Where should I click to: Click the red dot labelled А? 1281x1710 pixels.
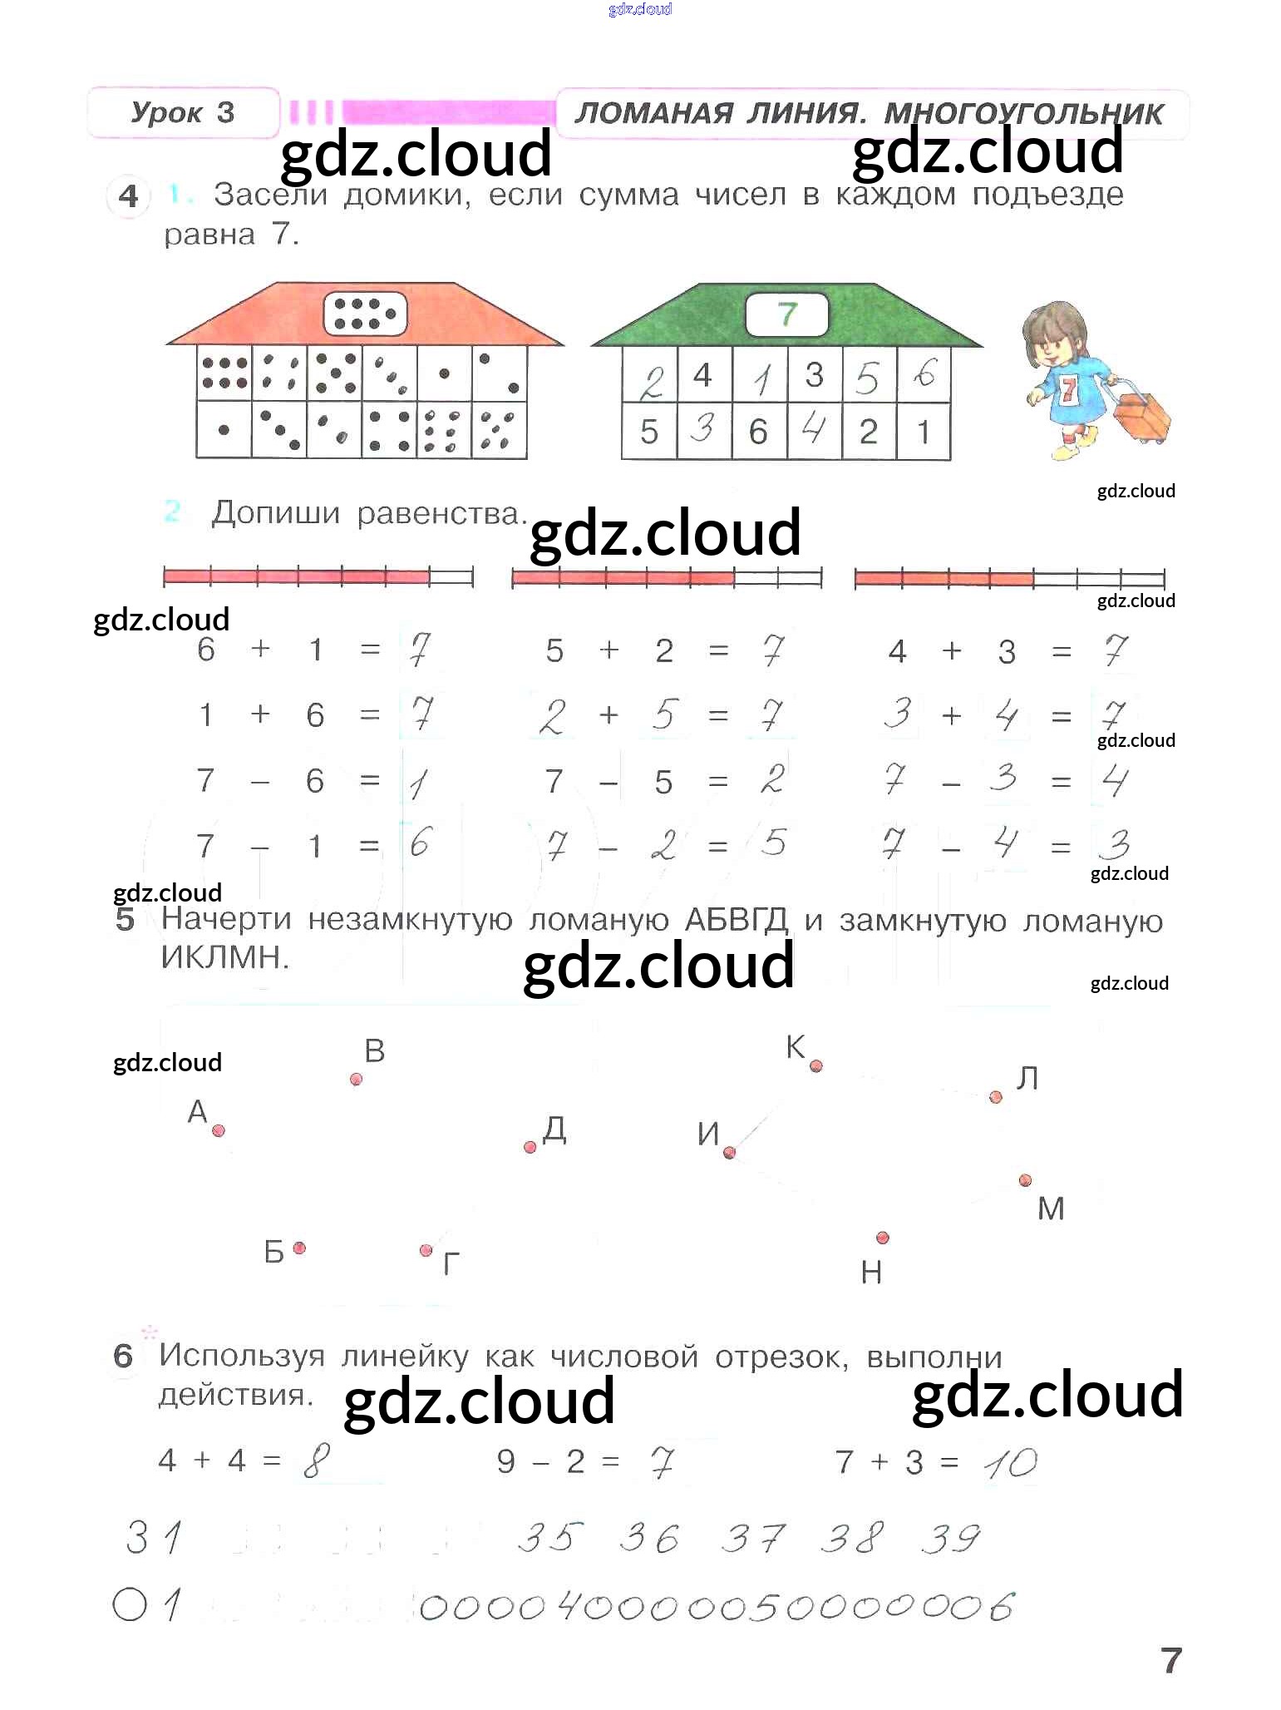tap(219, 1130)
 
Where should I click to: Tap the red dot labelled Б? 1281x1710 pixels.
tap(299, 1248)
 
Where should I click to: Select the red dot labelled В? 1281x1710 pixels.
tap(357, 1079)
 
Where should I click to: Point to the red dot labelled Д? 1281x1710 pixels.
tap(530, 1147)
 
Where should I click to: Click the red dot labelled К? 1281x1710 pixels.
tap(816, 1065)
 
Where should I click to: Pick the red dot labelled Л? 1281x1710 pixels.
tap(996, 1097)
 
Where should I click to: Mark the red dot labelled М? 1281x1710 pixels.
tap(1026, 1180)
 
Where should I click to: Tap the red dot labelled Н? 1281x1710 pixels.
tap(883, 1238)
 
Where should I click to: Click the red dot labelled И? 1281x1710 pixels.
tap(729, 1152)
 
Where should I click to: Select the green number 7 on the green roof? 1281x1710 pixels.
tap(787, 314)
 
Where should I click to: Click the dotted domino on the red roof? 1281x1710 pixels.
tap(365, 314)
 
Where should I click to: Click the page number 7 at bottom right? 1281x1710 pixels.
tap(1171, 1660)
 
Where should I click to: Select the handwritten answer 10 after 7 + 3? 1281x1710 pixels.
tap(1011, 1463)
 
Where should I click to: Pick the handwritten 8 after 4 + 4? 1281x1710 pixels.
tap(317, 1460)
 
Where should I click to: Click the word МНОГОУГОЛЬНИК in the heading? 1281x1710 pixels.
tap(1023, 114)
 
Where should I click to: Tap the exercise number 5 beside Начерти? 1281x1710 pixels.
tap(125, 919)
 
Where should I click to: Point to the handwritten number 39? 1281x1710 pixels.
tap(951, 1538)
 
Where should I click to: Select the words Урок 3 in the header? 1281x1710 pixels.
tap(183, 112)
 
